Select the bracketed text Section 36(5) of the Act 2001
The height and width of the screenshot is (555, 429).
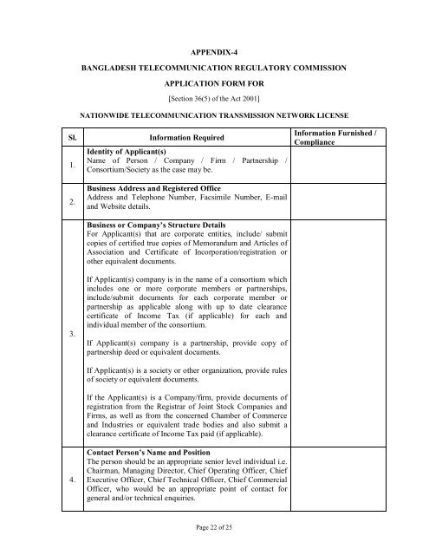click(x=214, y=100)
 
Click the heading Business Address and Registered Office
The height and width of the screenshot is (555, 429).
click(x=165, y=187)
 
